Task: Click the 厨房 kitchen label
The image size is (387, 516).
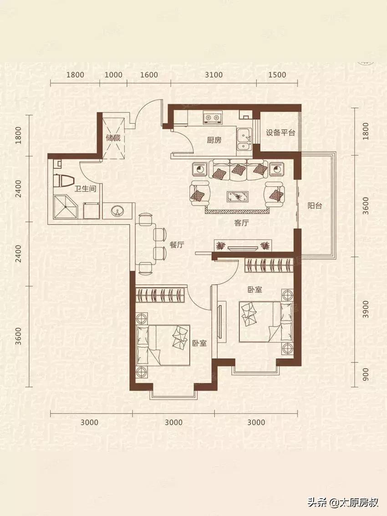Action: (214, 140)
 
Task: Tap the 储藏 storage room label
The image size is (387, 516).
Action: (113, 138)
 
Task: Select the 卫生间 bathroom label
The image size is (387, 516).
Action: (85, 189)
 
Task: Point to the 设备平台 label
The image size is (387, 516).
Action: (280, 133)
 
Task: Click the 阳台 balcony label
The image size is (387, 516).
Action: (315, 206)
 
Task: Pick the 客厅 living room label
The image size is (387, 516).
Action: (242, 223)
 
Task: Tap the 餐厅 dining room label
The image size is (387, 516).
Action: (177, 245)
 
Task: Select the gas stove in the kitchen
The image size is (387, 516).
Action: (213, 118)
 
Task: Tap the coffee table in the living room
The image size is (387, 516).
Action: (238, 196)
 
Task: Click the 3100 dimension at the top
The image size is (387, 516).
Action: (214, 75)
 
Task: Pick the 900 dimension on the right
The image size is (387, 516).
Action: (366, 374)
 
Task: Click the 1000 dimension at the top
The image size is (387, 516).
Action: (113, 75)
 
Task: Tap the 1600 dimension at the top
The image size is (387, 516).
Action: (149, 75)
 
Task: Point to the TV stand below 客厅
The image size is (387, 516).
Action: (242, 246)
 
